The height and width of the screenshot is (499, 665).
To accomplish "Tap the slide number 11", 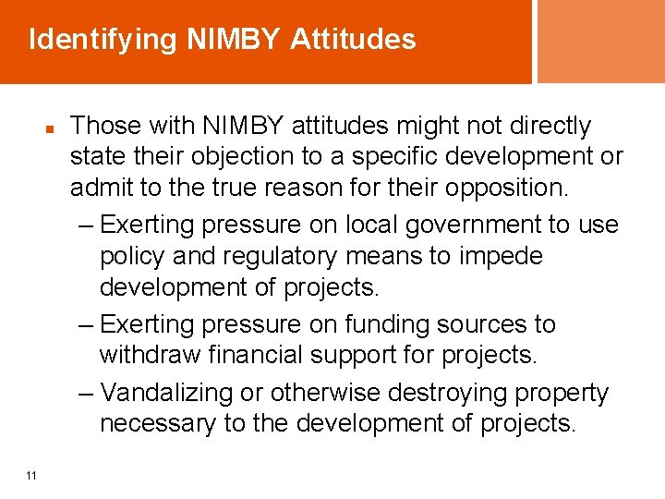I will (x=31, y=475).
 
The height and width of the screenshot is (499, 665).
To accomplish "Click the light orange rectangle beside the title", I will (x=601, y=42).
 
